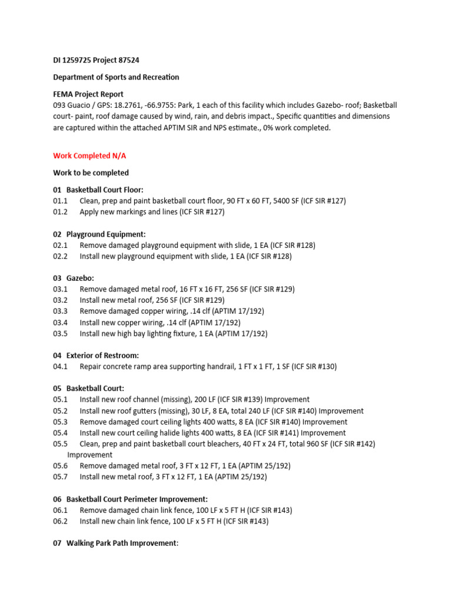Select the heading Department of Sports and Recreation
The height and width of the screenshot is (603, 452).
pos(116,77)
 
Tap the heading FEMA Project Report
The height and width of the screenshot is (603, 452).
pos(88,94)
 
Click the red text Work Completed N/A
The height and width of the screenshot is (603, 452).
pos(89,156)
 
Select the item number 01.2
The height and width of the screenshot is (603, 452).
pos(61,211)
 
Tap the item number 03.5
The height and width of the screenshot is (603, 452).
pos(61,333)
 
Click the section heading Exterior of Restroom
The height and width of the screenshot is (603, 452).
pos(102,355)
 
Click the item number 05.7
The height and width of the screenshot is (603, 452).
pos(61,477)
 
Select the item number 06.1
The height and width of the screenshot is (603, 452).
pos(61,510)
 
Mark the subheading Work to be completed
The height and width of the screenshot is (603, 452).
pos(91,173)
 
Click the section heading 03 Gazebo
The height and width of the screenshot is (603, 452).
pos(74,278)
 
